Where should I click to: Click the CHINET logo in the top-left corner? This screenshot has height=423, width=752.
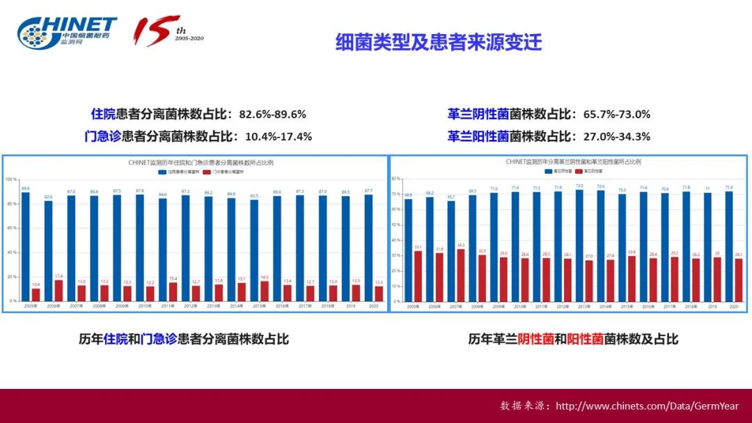click(x=67, y=32)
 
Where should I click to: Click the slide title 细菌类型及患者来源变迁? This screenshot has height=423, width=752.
click(x=438, y=42)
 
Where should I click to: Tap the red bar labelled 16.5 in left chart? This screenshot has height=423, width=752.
click(x=264, y=291)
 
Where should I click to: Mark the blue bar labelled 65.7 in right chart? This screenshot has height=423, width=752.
click(x=451, y=251)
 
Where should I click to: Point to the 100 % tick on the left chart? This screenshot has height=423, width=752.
click(x=10, y=179)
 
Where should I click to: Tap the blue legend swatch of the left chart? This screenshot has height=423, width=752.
click(x=162, y=170)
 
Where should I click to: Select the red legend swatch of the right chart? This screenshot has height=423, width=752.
click(x=578, y=170)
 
